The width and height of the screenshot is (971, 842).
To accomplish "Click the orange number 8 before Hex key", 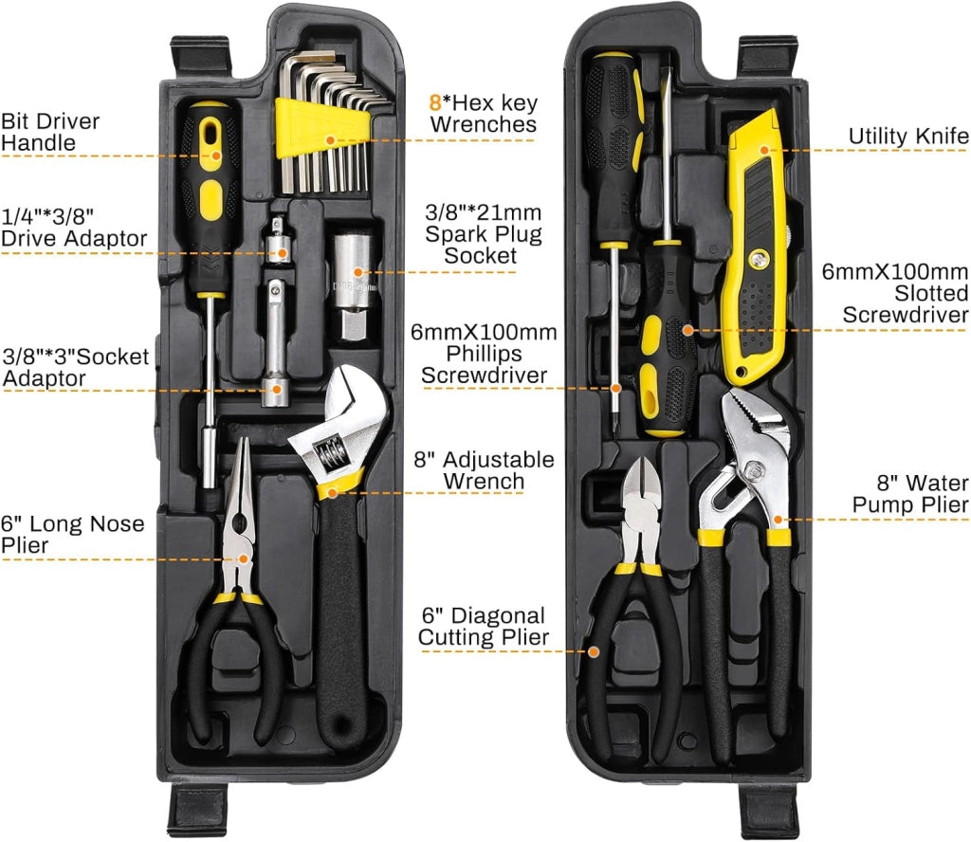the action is pos(435,102).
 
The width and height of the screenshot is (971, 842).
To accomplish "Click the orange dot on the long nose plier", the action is pos(244,559).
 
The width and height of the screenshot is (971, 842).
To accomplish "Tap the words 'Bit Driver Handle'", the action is pos(50,132).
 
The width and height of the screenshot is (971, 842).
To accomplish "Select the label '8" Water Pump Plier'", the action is pos(910,493).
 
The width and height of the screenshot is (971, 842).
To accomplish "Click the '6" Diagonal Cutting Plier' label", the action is pos(483,626).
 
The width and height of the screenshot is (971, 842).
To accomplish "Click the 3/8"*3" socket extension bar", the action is pos(274,342).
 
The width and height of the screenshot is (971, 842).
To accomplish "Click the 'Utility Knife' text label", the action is pos(908,137).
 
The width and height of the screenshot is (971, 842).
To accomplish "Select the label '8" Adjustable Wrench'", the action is pos(484,470).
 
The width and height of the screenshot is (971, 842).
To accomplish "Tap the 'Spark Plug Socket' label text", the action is pos(483,234).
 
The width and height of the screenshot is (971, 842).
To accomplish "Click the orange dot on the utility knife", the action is pos(764,150).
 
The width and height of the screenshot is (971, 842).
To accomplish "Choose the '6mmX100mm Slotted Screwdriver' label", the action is pos(895,293).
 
